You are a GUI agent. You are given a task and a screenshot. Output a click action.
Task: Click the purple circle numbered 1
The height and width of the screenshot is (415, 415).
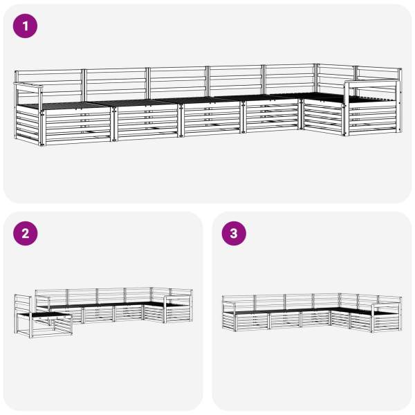click(25, 26)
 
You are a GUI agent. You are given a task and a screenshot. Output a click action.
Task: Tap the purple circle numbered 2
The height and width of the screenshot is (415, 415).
click(25, 234)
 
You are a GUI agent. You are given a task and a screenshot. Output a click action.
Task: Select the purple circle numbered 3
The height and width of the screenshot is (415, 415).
click(234, 234)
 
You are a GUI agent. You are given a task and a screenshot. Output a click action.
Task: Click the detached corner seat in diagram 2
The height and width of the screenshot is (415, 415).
click(43, 317)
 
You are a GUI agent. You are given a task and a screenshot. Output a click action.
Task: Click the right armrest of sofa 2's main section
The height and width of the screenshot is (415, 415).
click(178, 298)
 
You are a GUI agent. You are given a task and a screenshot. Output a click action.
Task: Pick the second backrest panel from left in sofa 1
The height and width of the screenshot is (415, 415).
click(116, 84)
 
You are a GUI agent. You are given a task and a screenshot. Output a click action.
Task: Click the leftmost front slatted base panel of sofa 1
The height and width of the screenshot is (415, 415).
click(78, 127)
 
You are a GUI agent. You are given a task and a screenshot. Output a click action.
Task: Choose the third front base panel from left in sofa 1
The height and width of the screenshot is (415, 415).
click(212, 118)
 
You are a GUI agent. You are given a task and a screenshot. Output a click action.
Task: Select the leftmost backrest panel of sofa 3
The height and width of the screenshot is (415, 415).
click(239, 303)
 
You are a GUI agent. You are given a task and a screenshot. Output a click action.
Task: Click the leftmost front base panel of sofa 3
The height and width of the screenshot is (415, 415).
click(252, 321)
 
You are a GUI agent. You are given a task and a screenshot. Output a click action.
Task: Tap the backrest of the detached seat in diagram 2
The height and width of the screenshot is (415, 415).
click(23, 304)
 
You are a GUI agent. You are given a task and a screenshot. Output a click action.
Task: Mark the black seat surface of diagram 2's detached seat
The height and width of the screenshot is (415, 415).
click(44, 315)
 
